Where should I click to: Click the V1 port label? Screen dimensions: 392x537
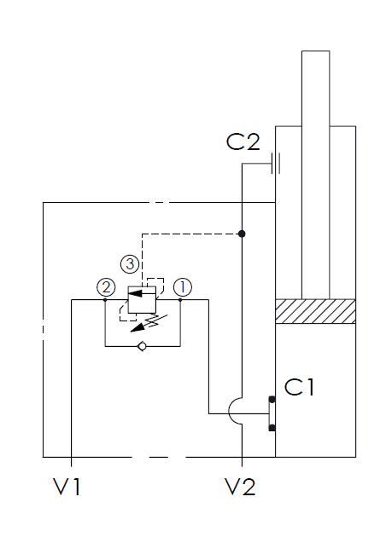(x=67, y=487)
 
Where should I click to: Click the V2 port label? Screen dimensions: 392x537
(x=240, y=487)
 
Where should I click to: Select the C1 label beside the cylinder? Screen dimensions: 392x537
(x=299, y=387)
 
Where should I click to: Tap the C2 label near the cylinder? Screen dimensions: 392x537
(x=243, y=141)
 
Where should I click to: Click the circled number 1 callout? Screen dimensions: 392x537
(x=183, y=287)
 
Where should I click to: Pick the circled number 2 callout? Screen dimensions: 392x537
(x=106, y=287)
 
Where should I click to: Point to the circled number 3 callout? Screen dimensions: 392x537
(x=130, y=264)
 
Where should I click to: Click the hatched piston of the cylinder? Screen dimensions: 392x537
(x=315, y=311)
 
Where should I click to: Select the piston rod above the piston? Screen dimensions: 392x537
(x=315, y=175)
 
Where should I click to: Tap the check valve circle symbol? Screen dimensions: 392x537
(x=142, y=346)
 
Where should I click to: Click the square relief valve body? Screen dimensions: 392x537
(x=142, y=300)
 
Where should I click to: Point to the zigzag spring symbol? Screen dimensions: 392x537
(x=156, y=320)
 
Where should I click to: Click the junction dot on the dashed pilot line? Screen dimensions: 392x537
(x=242, y=234)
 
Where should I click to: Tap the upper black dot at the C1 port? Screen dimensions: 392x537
(x=272, y=399)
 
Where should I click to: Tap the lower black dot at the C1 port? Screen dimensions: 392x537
(x=272, y=427)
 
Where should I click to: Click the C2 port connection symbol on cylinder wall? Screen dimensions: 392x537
(x=276, y=164)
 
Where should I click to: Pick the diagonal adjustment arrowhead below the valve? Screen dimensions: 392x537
(x=137, y=328)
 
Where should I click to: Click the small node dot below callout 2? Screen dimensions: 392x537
(x=105, y=300)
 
